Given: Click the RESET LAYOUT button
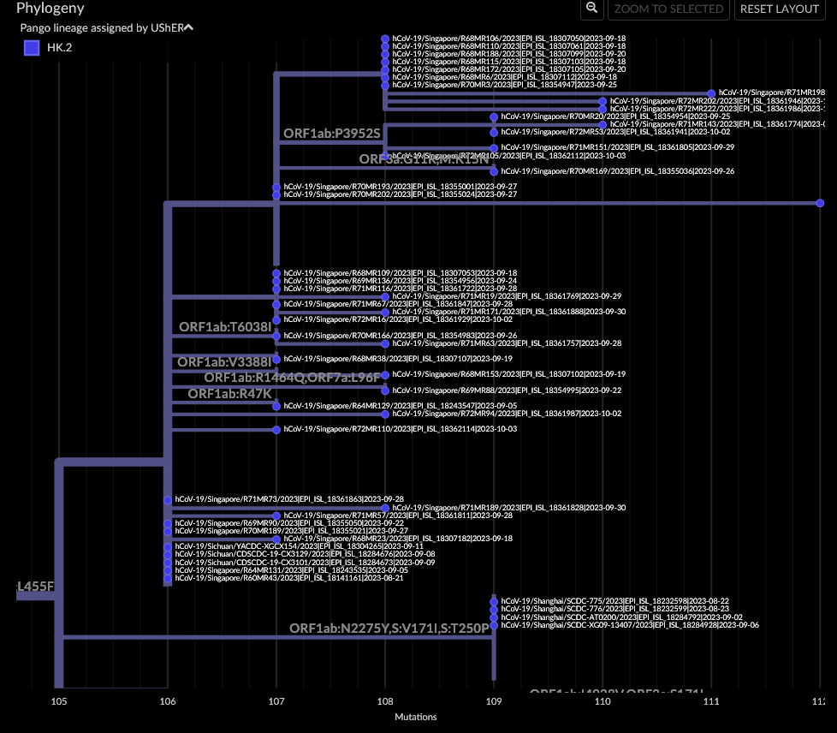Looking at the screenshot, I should pyautogui.click(x=780, y=9).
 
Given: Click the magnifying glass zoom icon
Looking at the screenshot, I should pyautogui.click(x=591, y=9).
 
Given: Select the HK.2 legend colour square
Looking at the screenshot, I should pyautogui.click(x=32, y=48).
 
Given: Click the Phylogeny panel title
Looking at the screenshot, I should pyautogui.click(x=50, y=9).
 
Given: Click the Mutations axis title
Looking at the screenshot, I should pyautogui.click(x=415, y=717).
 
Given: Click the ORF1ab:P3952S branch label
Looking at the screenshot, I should pyautogui.click(x=331, y=134).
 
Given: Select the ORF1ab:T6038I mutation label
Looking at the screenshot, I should pyautogui.click(x=225, y=327).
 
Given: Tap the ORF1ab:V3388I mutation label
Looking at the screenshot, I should pyautogui.click(x=224, y=362).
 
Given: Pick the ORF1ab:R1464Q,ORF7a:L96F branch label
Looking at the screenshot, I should pyautogui.click(x=292, y=378).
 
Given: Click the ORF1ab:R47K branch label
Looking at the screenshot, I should pyautogui.click(x=229, y=394).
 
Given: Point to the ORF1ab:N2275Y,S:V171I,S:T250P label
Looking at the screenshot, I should pyautogui.click(x=389, y=629).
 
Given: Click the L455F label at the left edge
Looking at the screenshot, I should pyautogui.click(x=36, y=587).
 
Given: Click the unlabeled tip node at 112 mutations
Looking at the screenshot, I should pyautogui.click(x=820, y=203).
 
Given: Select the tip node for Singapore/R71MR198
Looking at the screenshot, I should pyautogui.click(x=711, y=92).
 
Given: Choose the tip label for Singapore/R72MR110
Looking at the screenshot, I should pyautogui.click(x=400, y=429).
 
